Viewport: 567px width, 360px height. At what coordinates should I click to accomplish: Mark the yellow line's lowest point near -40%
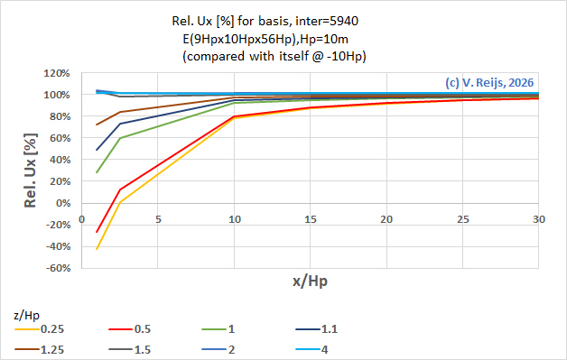97,249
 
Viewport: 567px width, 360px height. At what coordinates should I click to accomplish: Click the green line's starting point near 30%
97,172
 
